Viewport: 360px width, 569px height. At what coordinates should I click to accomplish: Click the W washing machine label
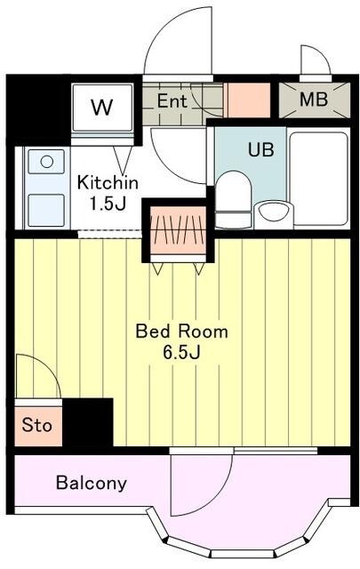point(102,108)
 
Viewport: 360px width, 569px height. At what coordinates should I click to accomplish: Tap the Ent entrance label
point(172,100)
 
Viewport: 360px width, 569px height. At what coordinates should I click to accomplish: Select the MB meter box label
point(314,99)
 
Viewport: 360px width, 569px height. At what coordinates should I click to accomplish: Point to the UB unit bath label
point(261,149)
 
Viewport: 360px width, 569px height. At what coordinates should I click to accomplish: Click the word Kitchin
point(108,181)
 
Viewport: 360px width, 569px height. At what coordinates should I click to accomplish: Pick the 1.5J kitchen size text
point(108,204)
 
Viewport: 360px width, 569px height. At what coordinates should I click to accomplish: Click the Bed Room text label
point(182,332)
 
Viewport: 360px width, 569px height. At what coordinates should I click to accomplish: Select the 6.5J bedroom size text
point(182,352)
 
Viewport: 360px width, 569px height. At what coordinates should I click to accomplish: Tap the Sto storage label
point(36,425)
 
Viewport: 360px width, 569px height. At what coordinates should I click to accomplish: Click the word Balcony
point(92,483)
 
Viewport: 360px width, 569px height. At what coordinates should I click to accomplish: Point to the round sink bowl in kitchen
point(47,162)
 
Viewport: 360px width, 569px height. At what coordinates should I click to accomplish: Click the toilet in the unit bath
point(233,199)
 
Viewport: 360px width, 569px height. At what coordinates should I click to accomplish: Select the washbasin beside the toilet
point(274,215)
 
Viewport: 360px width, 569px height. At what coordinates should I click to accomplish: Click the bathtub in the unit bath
point(319,178)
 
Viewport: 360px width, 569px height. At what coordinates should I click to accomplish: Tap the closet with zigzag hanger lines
point(178,230)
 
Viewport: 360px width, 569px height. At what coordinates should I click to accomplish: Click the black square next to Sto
point(87,422)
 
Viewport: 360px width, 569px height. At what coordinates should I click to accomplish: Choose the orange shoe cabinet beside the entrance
point(249,100)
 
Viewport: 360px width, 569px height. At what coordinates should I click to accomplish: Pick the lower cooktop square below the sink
point(46,210)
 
